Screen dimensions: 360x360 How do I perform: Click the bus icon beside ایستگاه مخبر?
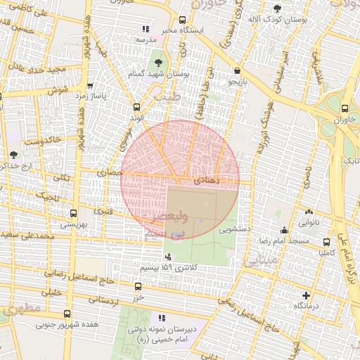(x=183, y=20)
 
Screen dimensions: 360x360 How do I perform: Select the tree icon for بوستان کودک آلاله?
(x=276, y=8)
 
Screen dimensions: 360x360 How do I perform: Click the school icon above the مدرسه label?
(x=146, y=29)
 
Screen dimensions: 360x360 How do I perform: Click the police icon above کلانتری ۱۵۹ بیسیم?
(x=167, y=257)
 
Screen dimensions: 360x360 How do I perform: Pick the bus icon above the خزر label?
(x=138, y=286)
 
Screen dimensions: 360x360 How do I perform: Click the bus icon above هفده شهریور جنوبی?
(x=67, y=314)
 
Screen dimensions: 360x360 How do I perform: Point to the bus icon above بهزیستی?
(x=73, y=213)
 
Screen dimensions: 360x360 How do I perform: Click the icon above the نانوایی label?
(x=309, y=212)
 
